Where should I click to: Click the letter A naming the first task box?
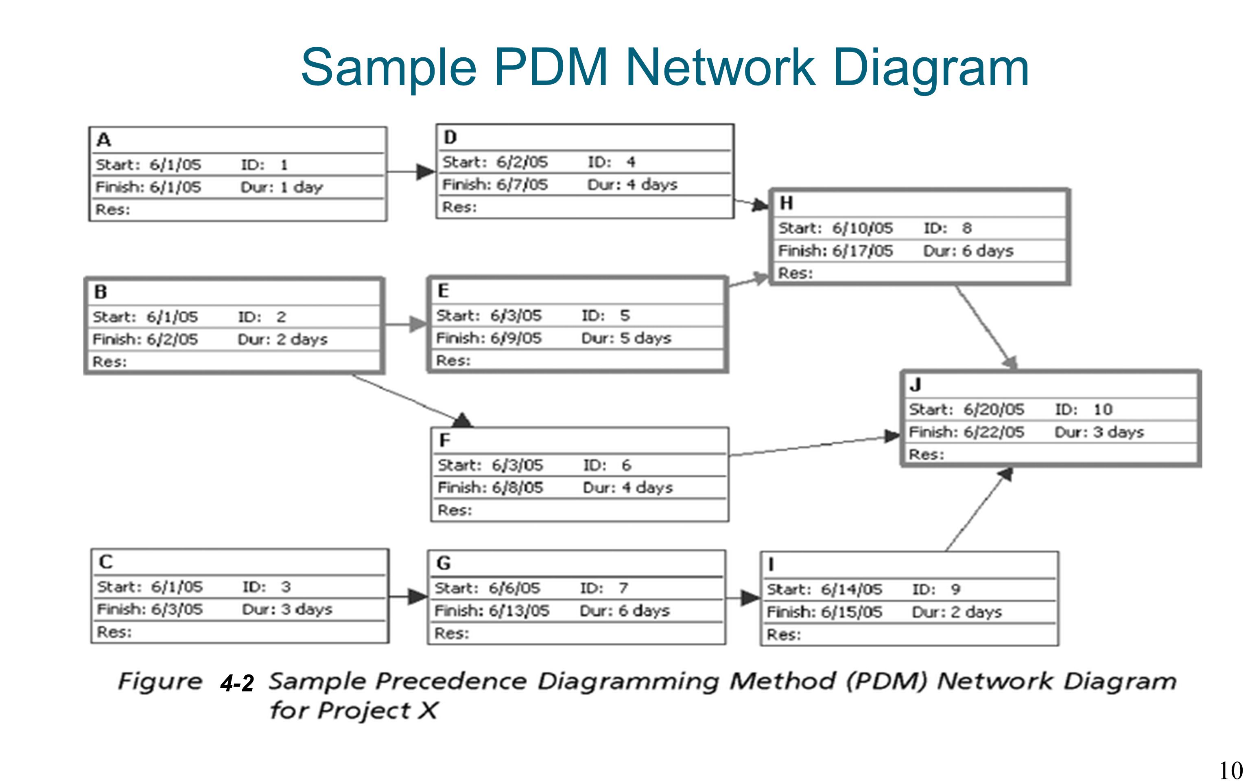tap(104, 140)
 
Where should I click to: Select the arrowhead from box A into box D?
tap(426, 172)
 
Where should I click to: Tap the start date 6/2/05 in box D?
tap(522, 162)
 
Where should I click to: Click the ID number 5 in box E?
tap(625, 315)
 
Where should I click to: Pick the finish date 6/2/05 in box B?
tap(172, 339)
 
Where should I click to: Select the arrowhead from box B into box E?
tap(419, 324)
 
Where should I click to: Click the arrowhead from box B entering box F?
tap(462, 420)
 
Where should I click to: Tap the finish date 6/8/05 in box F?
tap(517, 488)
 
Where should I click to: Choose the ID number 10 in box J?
tap(1103, 409)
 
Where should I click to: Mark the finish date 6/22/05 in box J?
tap(993, 432)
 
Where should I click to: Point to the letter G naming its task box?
tap(444, 563)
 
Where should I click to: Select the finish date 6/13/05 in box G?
tap(519, 611)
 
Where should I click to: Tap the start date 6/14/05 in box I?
tap(852, 589)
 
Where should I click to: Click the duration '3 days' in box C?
tap(306, 609)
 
